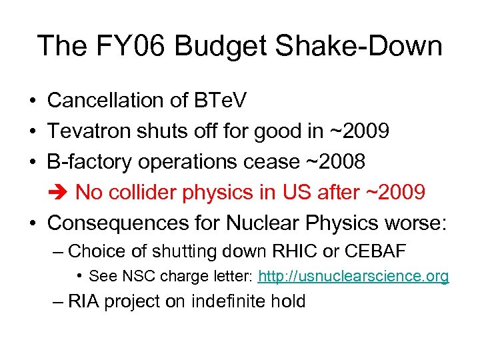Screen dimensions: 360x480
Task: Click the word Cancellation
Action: click(106, 101)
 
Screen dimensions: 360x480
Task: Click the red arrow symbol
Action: click(58, 193)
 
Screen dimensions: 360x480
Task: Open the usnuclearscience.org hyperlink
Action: click(353, 276)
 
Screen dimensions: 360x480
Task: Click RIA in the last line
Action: click(83, 301)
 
